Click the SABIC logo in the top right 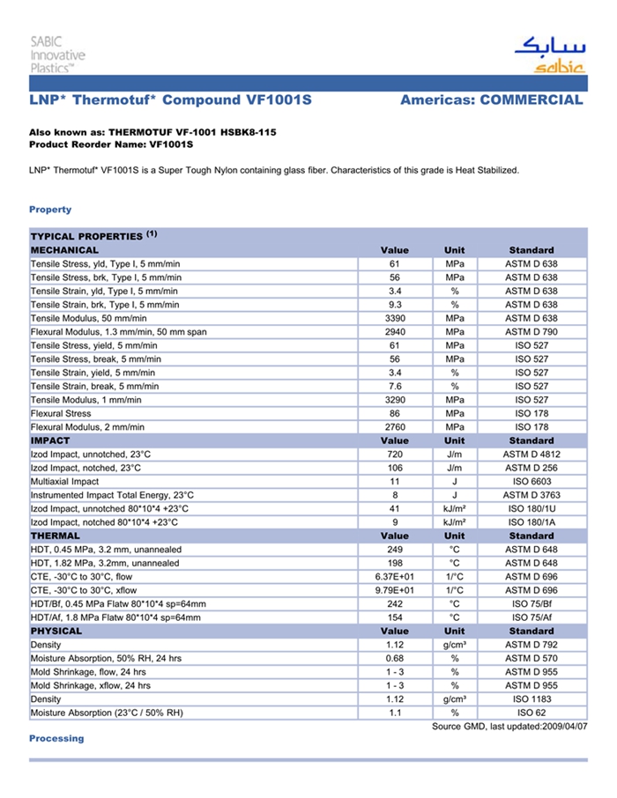548,55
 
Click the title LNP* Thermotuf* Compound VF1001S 170,100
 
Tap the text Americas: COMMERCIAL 491,100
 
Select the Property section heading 50,210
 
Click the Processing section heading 56,738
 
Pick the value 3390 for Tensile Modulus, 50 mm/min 395,318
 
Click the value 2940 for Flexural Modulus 395,332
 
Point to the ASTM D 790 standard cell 531,332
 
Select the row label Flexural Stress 61,413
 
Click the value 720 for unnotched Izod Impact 395,454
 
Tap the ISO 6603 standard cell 531,482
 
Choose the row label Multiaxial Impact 64,482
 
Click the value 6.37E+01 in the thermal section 395,577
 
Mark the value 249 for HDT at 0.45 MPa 395,550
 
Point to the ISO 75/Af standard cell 531,618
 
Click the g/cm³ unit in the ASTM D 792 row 455,645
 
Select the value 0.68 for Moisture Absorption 395,659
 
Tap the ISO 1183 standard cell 531,699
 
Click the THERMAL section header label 56,536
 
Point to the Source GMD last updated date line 509,727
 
